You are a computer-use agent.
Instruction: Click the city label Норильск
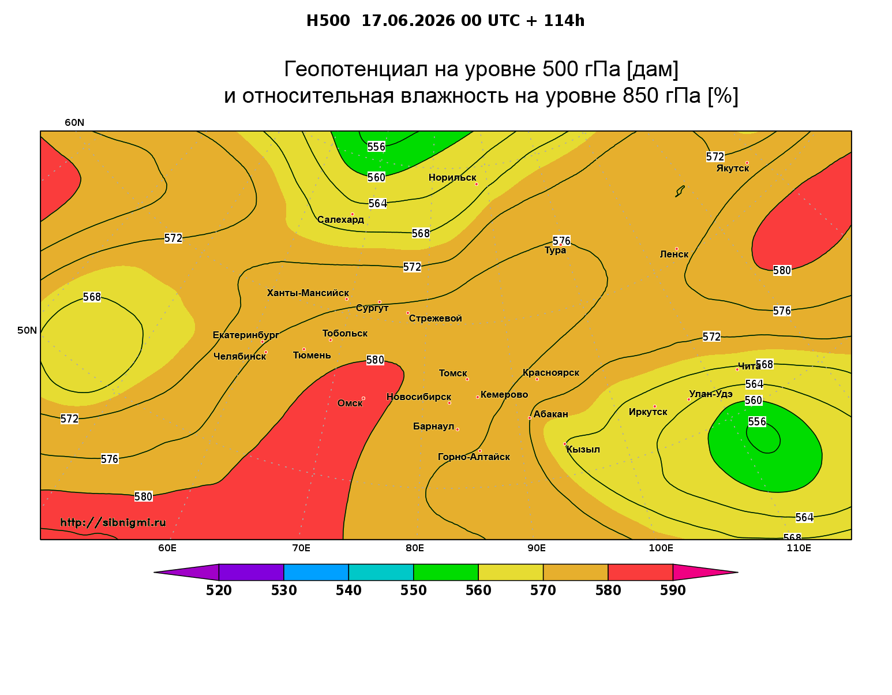[452, 178]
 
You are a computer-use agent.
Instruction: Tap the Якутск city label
[732, 169]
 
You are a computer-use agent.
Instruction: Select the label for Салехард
[340, 219]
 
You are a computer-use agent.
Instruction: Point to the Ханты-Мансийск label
[308, 293]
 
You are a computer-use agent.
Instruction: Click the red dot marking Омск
[363, 399]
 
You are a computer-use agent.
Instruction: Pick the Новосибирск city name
[418, 397]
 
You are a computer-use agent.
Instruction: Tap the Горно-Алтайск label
[473, 457]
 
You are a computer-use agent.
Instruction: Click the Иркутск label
[647, 412]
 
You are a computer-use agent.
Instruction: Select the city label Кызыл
[583, 450]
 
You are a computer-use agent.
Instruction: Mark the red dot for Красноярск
[537, 379]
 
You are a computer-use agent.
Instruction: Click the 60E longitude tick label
[167, 548]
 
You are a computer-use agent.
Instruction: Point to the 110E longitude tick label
[799, 548]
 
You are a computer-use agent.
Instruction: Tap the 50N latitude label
[27, 330]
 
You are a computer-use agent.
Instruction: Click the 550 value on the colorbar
[413, 591]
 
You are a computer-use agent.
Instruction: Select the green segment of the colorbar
[446, 572]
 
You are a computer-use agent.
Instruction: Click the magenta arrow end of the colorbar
[705, 572]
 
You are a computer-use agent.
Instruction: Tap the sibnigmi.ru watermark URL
[113, 522]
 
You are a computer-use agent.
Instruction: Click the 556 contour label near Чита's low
[757, 422]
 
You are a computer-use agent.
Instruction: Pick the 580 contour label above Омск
[375, 360]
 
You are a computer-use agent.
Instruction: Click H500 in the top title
[328, 21]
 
